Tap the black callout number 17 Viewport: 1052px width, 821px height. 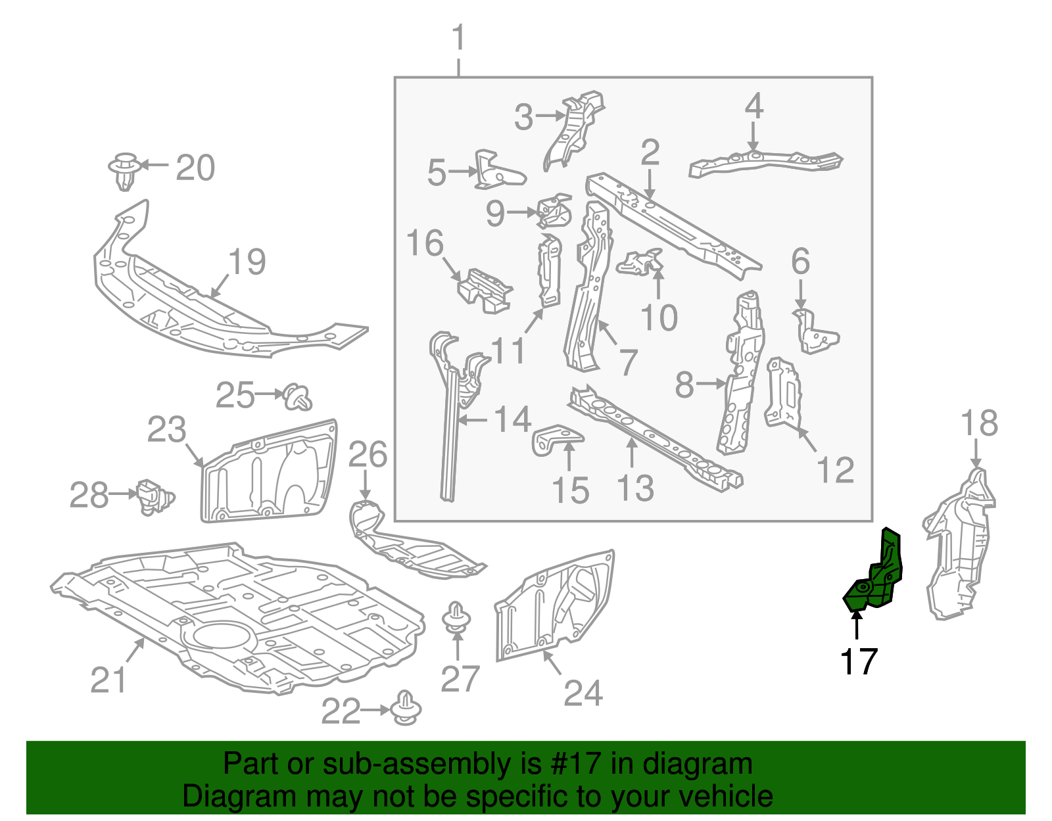coord(859,661)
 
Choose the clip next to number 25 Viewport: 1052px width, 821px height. coord(298,396)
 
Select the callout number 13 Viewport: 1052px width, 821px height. coord(635,488)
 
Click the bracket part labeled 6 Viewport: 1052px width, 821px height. coord(815,333)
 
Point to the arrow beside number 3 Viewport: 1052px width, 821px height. coord(550,116)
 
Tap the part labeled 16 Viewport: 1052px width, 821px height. coord(485,290)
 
